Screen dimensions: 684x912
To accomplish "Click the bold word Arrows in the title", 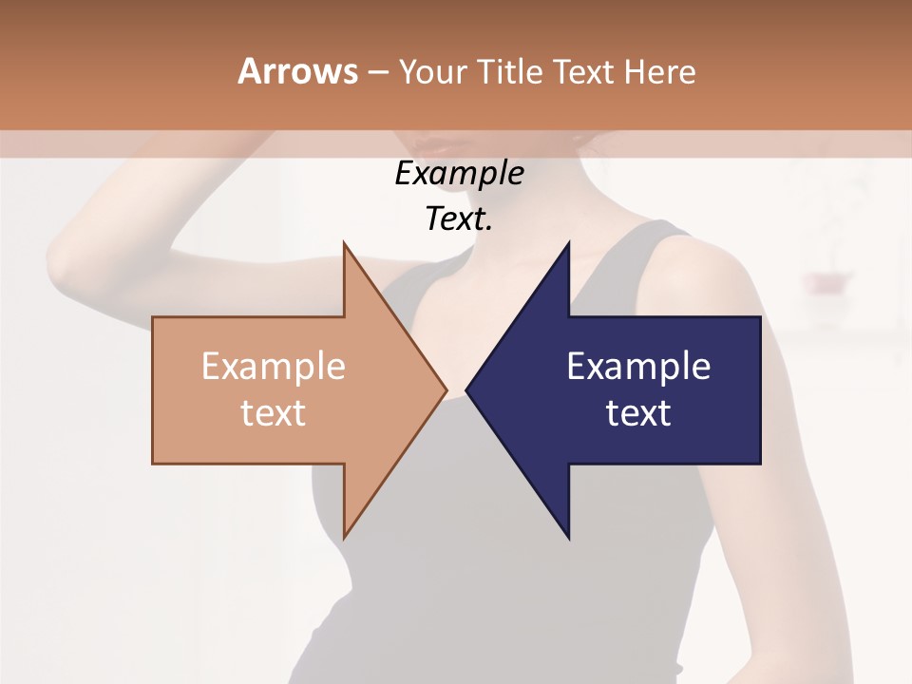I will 297,71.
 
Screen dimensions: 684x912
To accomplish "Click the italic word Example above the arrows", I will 459,173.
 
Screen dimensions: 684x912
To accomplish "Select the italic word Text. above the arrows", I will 459,218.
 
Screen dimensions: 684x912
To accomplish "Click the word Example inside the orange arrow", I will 274,367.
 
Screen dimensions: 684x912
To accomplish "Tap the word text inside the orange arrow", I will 274,412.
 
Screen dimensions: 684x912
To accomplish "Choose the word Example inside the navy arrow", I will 638,367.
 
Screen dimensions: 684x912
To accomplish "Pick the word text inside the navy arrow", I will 638,412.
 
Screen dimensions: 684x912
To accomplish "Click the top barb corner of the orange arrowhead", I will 344,243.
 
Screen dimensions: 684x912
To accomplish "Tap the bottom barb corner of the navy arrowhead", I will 568,538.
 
